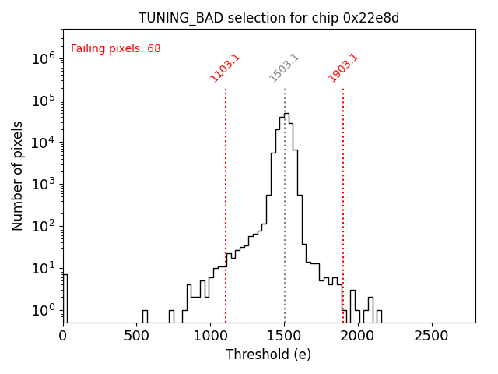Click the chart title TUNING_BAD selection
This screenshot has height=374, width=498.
tap(268, 18)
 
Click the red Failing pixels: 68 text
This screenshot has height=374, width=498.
tap(116, 48)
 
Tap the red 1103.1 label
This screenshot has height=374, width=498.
tap(225, 68)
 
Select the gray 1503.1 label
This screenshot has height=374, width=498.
tap(284, 68)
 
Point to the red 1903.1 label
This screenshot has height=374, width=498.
tap(343, 68)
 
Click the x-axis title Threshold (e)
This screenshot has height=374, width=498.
tap(268, 355)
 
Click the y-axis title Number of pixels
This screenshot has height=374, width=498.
tap(18, 175)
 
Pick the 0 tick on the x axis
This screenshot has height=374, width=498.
tap(63, 336)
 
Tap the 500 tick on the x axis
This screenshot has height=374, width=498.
tap(136, 336)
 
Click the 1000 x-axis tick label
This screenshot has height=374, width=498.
tap(210, 336)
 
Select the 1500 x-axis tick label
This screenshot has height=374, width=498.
tap(284, 336)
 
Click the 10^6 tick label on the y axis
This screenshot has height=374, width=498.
tap(44, 58)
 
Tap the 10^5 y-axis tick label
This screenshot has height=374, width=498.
tap(44, 101)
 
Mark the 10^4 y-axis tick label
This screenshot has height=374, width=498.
tap(44, 143)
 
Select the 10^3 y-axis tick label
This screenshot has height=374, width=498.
tap(44, 185)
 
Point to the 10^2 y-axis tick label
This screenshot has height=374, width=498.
tap(44, 227)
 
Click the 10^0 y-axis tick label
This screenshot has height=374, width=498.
tap(44, 311)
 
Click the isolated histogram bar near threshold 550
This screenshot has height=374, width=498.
tap(145, 316)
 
